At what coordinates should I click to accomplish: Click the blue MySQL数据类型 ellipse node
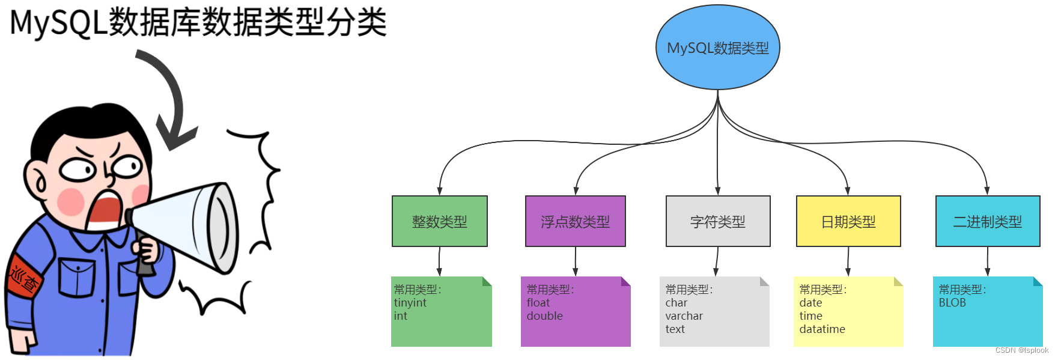(717, 47)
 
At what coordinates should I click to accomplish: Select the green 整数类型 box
(439, 221)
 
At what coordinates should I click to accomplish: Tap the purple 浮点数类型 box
(575, 221)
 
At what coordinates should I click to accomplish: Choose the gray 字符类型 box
(717, 221)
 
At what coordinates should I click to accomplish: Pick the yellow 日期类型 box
(848, 221)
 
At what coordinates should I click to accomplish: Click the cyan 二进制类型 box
(987, 221)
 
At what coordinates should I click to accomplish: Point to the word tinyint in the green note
(410, 303)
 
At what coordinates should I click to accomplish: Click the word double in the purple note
(544, 316)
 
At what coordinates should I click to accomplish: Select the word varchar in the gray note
(684, 316)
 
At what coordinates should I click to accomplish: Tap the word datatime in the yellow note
(822, 329)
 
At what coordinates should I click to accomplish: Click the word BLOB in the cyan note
(952, 303)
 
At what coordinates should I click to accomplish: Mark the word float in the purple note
(538, 303)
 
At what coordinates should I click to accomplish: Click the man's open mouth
(103, 210)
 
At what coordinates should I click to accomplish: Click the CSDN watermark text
(1021, 350)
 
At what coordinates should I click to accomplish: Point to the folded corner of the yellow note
(899, 281)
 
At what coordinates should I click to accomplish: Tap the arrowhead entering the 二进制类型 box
(987, 191)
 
